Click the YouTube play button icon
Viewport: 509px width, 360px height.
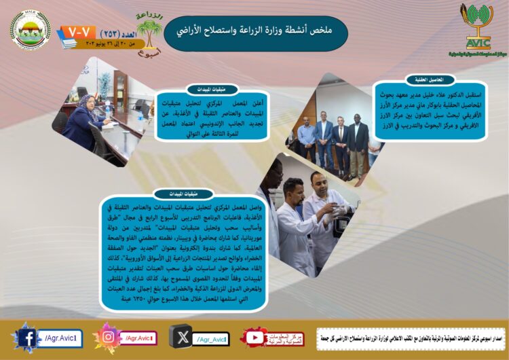(254, 338)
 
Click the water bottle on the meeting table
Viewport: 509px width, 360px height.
(107, 106)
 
